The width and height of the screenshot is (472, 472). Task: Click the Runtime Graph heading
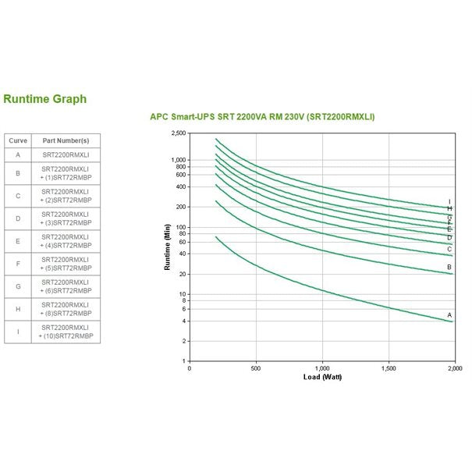(x=44, y=99)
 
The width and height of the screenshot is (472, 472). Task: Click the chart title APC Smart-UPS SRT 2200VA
(x=262, y=117)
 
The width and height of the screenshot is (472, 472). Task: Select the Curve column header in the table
(x=17, y=140)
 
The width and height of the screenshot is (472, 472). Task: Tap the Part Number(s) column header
(x=66, y=140)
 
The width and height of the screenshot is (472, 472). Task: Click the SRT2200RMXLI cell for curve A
(x=66, y=154)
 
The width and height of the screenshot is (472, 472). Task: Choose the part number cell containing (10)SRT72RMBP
(x=66, y=332)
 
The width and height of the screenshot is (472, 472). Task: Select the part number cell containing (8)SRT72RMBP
(x=66, y=309)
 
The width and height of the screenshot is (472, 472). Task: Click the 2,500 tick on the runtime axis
(x=179, y=133)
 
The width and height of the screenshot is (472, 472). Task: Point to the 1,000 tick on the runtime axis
(x=179, y=160)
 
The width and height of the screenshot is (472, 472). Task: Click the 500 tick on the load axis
(x=256, y=368)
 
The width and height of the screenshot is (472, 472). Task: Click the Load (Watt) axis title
(x=321, y=377)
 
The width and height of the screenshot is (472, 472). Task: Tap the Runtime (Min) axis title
(x=167, y=247)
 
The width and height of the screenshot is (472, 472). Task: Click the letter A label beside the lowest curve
(x=449, y=314)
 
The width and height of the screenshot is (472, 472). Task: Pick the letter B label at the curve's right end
(x=449, y=267)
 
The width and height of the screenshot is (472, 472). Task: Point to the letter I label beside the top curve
(x=449, y=202)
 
